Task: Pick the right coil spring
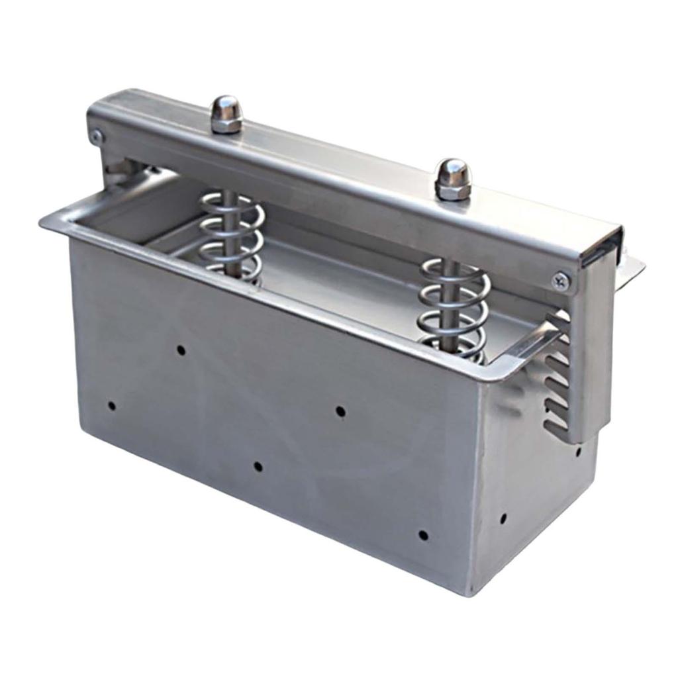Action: [x=454, y=308]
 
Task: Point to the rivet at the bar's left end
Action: [x=97, y=137]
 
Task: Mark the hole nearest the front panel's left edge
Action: [x=111, y=405]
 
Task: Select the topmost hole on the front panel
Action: [x=180, y=349]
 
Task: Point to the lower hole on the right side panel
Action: [x=503, y=518]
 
